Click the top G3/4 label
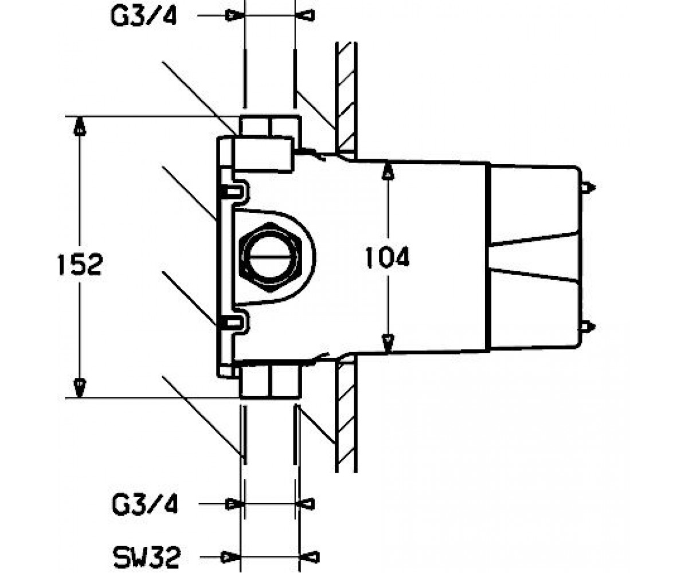click(144, 16)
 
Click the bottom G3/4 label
click(145, 504)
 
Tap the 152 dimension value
click(80, 264)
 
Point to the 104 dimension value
click(388, 257)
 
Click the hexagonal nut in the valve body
click(270, 257)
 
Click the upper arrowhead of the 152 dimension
click(80, 127)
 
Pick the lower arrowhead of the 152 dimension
click(80, 388)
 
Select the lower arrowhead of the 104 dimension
click(388, 343)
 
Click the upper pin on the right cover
click(588, 188)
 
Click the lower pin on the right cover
click(588, 327)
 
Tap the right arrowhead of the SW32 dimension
click(310, 557)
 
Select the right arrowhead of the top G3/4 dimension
click(305, 15)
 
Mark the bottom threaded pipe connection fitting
click(270, 380)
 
